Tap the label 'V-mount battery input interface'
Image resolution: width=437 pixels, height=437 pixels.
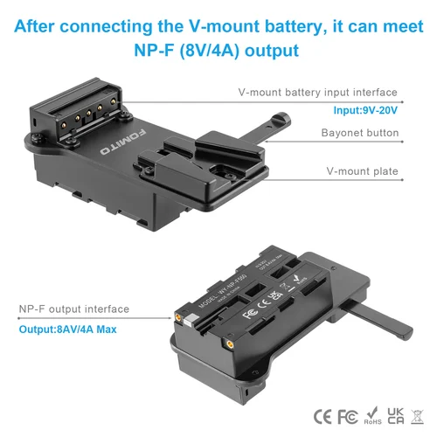point(317,92)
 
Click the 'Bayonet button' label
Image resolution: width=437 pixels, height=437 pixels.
point(360,134)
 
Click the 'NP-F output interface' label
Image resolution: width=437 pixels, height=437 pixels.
point(74,309)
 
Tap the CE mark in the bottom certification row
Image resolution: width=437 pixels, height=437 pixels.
point(323,413)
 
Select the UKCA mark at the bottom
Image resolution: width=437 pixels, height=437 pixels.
point(395,413)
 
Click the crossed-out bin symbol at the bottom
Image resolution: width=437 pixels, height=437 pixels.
point(417,413)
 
